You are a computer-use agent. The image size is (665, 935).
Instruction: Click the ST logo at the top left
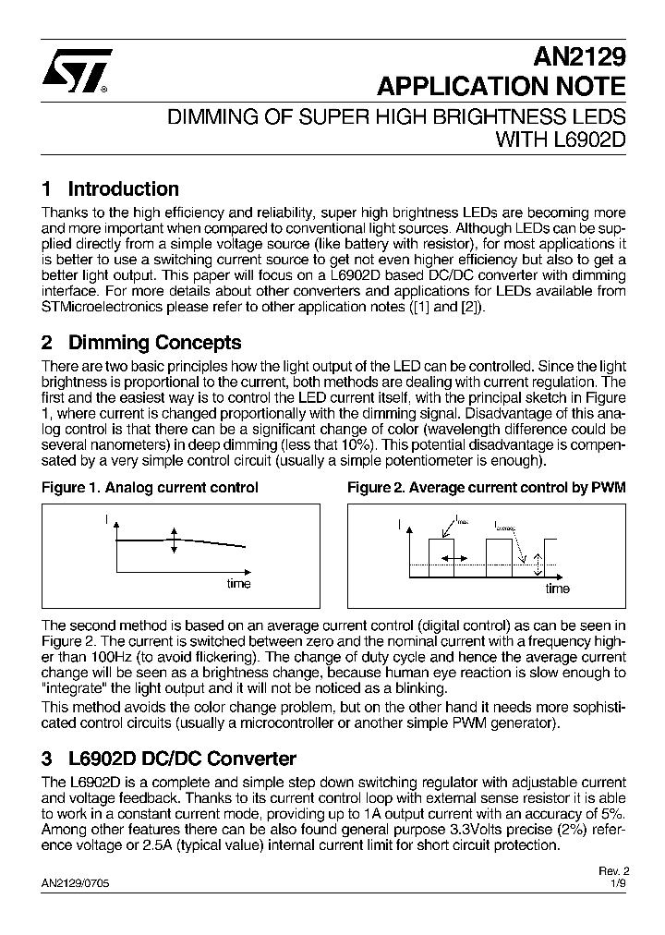click(x=78, y=71)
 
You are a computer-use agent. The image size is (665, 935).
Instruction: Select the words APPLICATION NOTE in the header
click(x=502, y=87)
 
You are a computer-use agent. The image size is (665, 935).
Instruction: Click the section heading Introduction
click(x=123, y=189)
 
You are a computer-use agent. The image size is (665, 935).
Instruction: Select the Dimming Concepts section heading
click(x=154, y=343)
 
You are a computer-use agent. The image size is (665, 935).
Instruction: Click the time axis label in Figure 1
click(x=239, y=584)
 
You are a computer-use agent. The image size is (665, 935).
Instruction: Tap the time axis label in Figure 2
click(x=557, y=589)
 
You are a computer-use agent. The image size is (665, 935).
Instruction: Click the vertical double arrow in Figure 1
click(x=173, y=540)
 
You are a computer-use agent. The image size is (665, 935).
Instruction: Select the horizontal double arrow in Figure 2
click(x=453, y=558)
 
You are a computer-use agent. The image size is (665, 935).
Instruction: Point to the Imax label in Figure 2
click(x=461, y=522)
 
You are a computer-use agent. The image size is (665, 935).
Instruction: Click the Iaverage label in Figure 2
click(x=507, y=525)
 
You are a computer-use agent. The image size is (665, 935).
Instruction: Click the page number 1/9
click(x=619, y=883)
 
